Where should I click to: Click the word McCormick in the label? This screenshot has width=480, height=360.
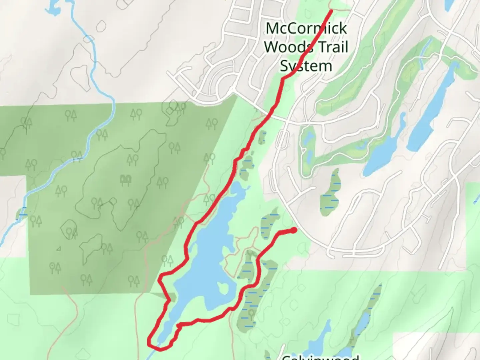306,28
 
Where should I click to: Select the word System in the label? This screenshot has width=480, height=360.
306,66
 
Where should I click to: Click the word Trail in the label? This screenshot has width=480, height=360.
332,47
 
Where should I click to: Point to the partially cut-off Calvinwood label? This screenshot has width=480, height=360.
320,357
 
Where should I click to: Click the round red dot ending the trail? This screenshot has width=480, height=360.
294,230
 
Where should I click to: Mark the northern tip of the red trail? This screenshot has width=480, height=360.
331,11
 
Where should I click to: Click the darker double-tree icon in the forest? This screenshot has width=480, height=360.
126,180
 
